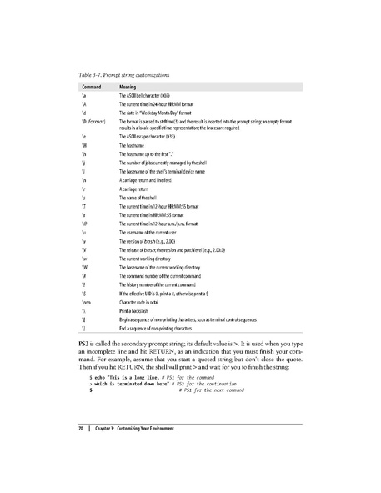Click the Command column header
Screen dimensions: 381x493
[92, 86]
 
